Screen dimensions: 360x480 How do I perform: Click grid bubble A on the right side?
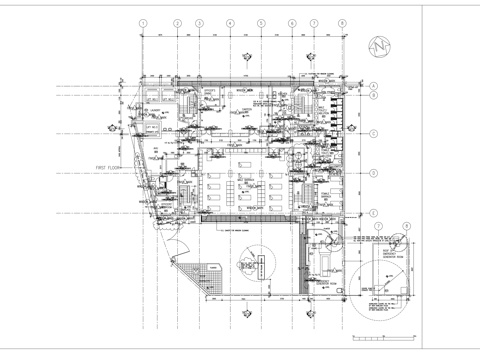point(373,86)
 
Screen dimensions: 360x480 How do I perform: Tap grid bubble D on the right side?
point(373,171)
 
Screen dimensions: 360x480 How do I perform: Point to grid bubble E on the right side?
point(373,212)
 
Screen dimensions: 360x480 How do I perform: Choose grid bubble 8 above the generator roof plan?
point(408,228)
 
